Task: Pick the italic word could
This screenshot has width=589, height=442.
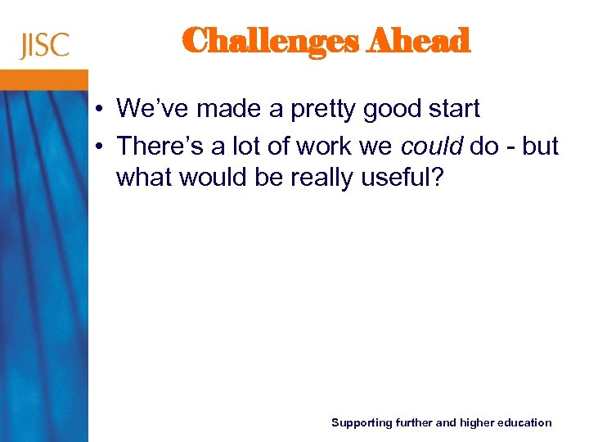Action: [432, 147]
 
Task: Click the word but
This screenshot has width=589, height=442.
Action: [539, 147]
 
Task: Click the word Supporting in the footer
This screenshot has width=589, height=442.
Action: [361, 423]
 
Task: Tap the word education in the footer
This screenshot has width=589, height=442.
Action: [527, 423]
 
